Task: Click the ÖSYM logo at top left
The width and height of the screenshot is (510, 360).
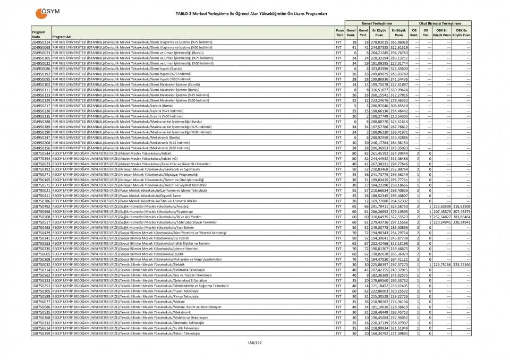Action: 46,13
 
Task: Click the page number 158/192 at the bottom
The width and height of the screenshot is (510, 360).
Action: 256,342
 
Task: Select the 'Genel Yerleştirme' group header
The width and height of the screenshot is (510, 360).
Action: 377,23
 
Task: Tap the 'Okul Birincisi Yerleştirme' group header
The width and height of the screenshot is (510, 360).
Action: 440,23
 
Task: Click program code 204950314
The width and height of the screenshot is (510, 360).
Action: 41,41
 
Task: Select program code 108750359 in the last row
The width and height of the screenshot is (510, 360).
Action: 41,333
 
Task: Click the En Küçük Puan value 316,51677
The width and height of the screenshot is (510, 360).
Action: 380,90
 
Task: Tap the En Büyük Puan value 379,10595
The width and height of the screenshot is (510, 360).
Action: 399,211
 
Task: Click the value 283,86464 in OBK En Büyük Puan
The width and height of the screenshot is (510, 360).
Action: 461,217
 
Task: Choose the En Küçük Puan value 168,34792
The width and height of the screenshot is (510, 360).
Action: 380,333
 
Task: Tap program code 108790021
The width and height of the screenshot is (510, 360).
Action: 41,190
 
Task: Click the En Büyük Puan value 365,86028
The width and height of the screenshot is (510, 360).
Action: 399,41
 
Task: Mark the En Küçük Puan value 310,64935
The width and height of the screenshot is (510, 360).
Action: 380,217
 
